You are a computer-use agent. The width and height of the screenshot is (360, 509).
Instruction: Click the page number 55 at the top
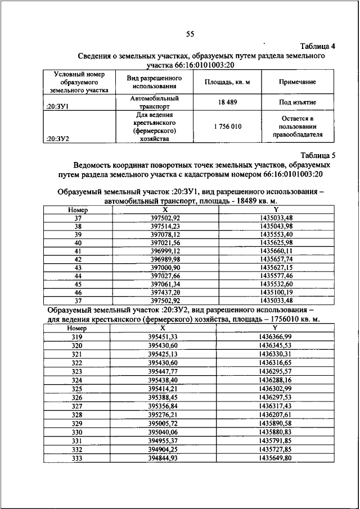tap(190, 34)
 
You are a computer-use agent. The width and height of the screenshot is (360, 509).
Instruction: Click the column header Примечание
tap(297, 82)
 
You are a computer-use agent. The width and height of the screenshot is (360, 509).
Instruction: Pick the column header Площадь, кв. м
tap(227, 82)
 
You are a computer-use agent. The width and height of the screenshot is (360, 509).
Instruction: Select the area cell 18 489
tap(227, 103)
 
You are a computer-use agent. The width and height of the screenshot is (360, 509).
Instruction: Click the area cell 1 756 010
tap(227, 127)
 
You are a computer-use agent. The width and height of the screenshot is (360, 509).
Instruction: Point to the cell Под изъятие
tap(297, 103)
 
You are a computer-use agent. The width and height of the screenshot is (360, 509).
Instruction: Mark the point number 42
tap(78, 259)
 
